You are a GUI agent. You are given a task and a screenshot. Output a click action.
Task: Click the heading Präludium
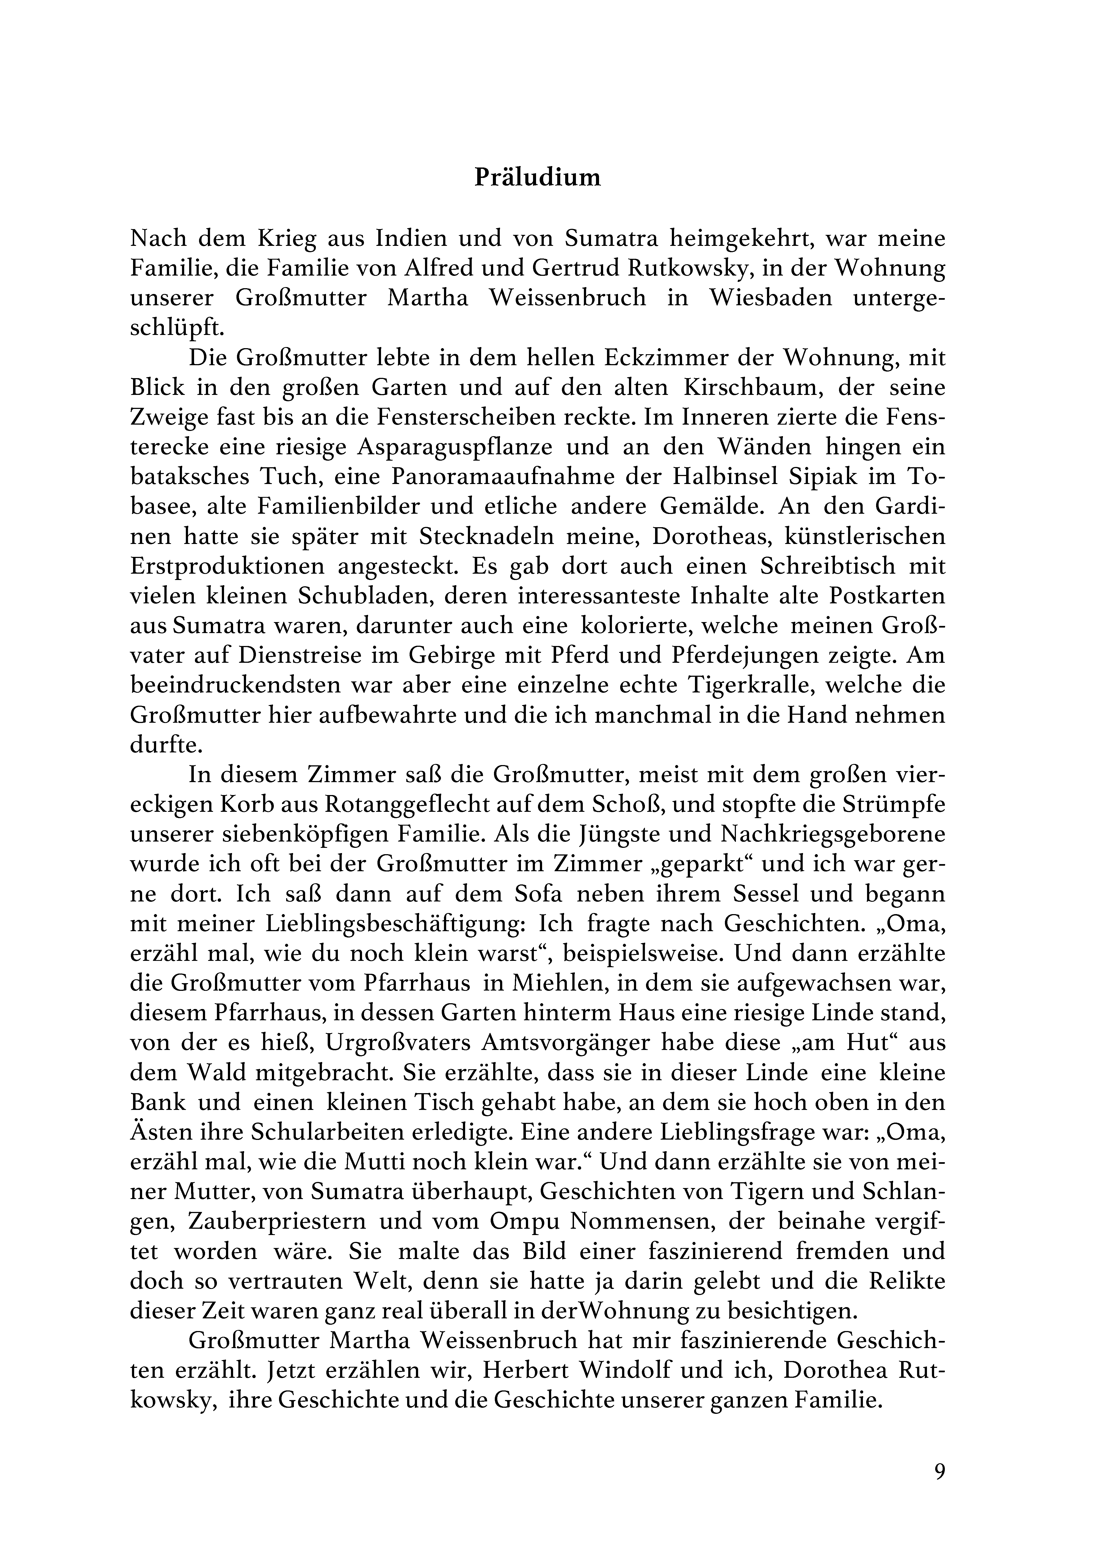(537, 177)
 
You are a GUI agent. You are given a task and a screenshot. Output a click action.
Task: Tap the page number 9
(940, 1471)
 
